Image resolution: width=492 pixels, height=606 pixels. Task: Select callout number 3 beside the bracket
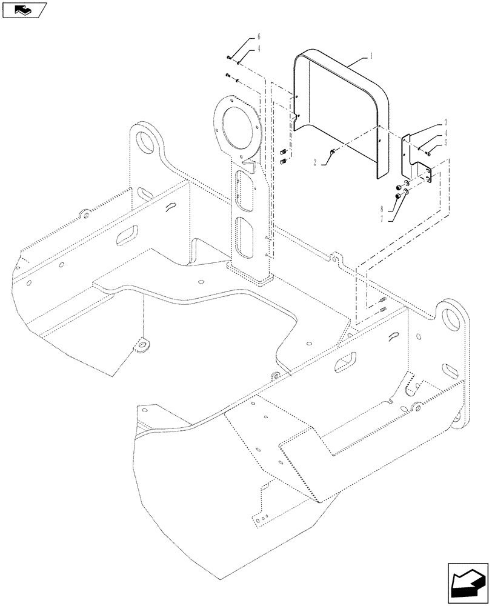[x=445, y=122]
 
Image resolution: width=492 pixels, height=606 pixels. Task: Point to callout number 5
[x=445, y=144]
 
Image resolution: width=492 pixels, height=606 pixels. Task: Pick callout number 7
[x=382, y=219]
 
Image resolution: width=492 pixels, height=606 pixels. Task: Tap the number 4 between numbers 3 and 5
[x=445, y=133]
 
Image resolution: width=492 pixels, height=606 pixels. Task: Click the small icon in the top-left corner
[x=24, y=10]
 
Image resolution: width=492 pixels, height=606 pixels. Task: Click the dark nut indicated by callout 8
[x=396, y=196]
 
